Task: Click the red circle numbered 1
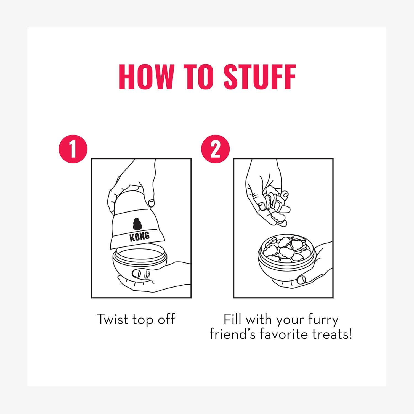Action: click(x=73, y=149)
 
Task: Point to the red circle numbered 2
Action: click(x=215, y=149)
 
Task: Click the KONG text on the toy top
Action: click(x=140, y=237)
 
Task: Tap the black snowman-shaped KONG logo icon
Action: click(x=137, y=224)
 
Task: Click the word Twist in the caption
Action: click(x=113, y=319)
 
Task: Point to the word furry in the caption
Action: click(x=323, y=320)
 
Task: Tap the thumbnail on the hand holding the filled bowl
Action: click(x=302, y=279)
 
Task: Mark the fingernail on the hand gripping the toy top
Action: click(x=152, y=203)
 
